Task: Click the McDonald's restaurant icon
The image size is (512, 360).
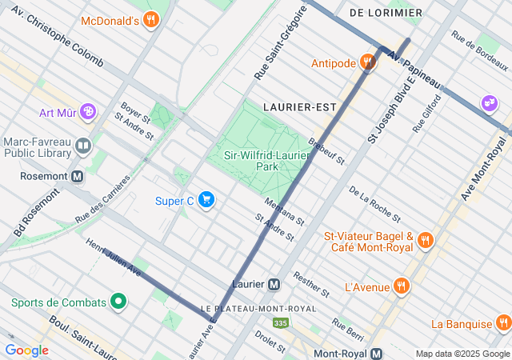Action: click(150, 20)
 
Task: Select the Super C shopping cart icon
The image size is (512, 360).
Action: click(206, 200)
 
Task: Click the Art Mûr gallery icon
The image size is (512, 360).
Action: click(88, 111)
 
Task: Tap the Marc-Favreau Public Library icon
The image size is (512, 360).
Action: click(83, 147)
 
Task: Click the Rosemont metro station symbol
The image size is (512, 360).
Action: click(78, 177)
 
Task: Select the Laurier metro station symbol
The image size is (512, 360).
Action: click(274, 284)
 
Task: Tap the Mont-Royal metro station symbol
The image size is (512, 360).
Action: click(378, 354)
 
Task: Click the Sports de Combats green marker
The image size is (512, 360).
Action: click(118, 302)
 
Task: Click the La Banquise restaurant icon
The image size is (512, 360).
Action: click(503, 324)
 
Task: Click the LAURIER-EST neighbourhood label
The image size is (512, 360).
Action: click(298, 106)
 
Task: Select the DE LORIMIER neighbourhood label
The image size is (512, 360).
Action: click(386, 14)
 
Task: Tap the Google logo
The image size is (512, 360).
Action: click(27, 350)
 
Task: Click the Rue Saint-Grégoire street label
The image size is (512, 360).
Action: click(281, 43)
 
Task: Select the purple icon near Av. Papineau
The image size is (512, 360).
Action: click(488, 102)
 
